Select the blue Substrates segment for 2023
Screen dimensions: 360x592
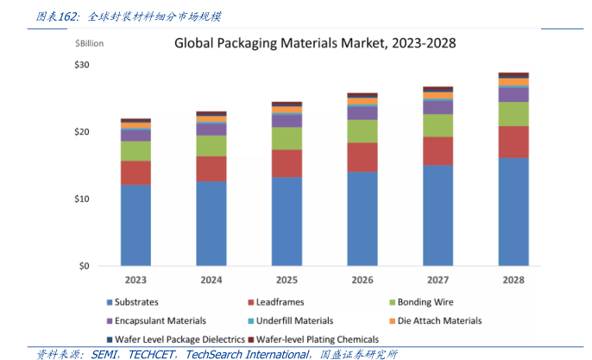(x=135, y=224)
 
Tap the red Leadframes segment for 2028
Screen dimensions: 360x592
(x=513, y=142)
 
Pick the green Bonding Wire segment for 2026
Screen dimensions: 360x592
(x=362, y=131)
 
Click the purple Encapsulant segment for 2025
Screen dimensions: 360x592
(x=287, y=121)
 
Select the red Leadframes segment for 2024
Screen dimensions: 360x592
(x=211, y=168)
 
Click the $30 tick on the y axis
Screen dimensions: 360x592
(x=82, y=65)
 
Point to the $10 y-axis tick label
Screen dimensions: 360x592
(x=82, y=199)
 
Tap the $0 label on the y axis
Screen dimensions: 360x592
(x=85, y=266)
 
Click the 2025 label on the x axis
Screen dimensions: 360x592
(x=287, y=280)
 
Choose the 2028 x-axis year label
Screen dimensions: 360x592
(x=513, y=280)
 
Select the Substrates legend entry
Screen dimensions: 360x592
(x=138, y=302)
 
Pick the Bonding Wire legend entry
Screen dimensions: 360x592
(x=419, y=302)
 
